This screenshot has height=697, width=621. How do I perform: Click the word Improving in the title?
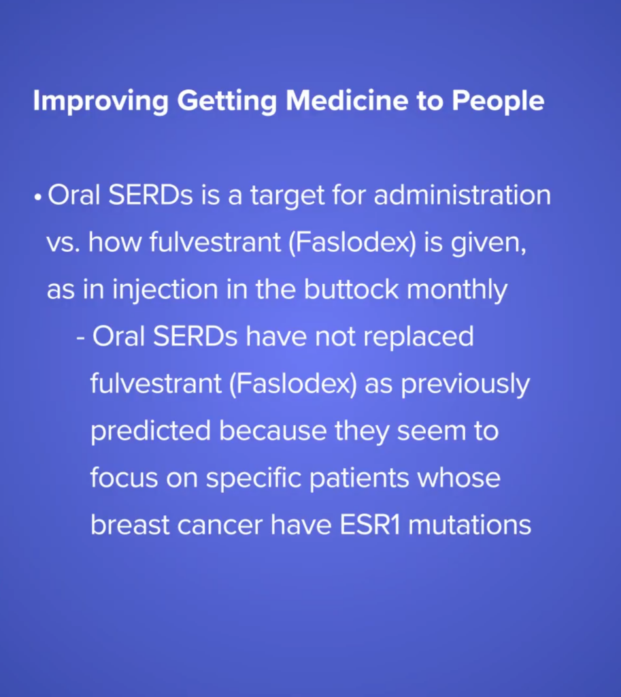(x=101, y=101)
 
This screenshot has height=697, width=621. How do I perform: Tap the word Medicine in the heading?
(x=346, y=101)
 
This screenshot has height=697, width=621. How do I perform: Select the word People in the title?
(x=498, y=101)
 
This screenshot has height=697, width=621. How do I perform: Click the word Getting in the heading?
(x=226, y=101)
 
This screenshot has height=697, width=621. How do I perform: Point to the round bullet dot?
(x=38, y=197)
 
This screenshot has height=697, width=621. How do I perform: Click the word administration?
(x=463, y=195)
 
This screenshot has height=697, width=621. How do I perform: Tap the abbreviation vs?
(x=63, y=244)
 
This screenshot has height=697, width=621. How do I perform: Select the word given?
(x=488, y=244)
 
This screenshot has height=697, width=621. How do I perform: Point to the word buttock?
(x=351, y=289)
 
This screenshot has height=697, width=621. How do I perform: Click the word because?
(x=273, y=432)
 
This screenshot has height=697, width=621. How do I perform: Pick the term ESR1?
(x=369, y=525)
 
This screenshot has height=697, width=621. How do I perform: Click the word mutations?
(x=469, y=525)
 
